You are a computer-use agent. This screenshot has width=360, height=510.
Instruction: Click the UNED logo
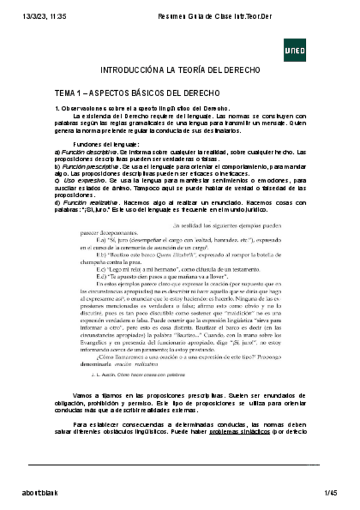[x=294, y=51]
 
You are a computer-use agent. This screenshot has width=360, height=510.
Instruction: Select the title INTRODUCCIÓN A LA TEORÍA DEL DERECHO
[x=180, y=70]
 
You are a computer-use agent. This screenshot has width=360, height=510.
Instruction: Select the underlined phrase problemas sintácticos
[x=237, y=432]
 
